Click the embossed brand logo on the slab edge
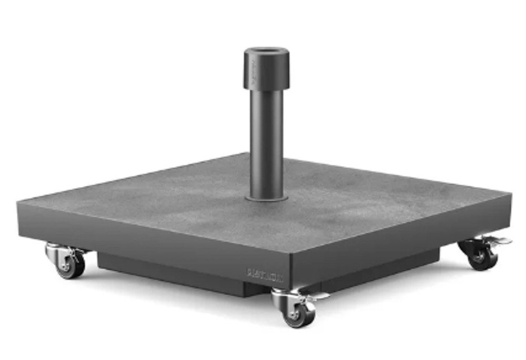coord(265,274)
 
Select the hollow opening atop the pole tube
coord(266,53)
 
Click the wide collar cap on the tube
coord(266,71)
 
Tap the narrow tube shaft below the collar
coord(267,142)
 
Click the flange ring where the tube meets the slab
coord(267,198)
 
